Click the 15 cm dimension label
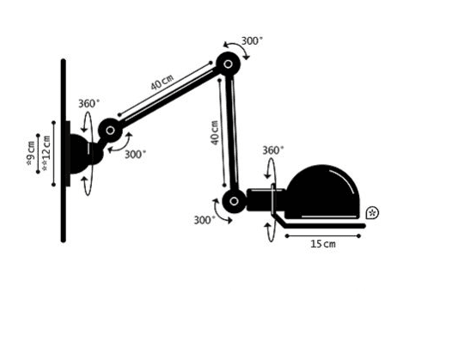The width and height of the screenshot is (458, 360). [323, 244]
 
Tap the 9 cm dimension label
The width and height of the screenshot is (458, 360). [30, 153]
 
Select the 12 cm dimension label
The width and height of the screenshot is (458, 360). [46, 153]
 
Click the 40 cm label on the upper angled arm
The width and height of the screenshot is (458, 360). [162, 82]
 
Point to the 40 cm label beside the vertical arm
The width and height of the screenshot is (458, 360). [215, 132]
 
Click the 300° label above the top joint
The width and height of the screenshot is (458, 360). [252, 41]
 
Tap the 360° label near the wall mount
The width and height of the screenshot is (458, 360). [89, 103]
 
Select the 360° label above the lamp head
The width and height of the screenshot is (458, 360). [272, 150]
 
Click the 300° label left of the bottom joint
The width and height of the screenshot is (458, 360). [205, 220]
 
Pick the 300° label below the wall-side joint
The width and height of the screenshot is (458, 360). [135, 154]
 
